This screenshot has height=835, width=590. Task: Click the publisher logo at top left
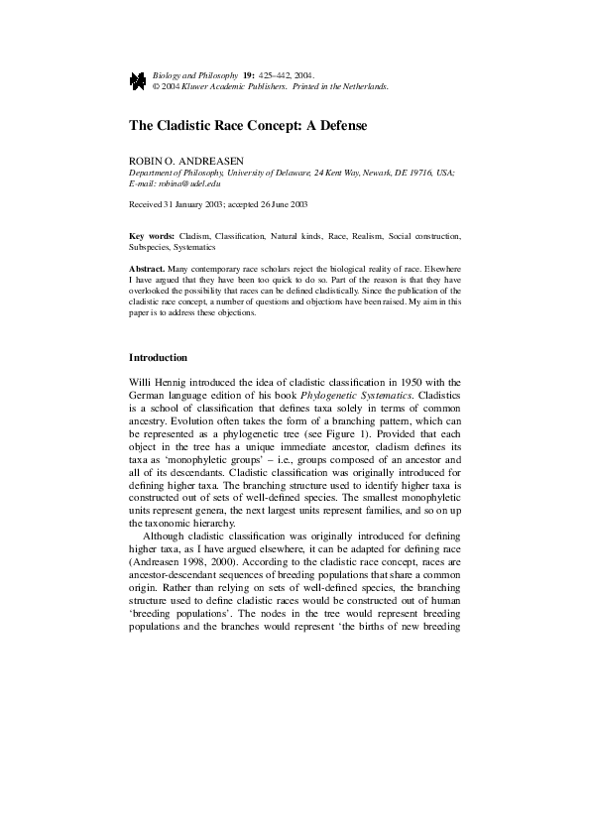coord(138,80)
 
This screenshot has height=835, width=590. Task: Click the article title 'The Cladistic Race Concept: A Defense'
coord(248,127)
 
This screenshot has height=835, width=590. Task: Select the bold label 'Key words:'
coord(152,236)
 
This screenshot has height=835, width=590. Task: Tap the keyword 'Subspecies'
coord(151,247)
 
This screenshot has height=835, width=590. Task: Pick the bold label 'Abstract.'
coord(150,269)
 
